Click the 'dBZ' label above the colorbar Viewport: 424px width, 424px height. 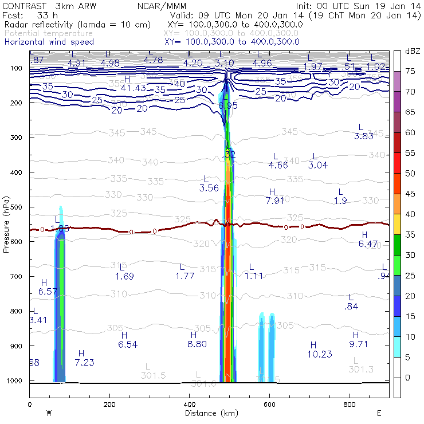411,51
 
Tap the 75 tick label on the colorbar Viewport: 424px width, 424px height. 410,72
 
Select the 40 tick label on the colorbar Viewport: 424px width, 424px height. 410,214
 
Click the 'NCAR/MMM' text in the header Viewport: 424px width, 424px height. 170,6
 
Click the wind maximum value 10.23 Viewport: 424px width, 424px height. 319,354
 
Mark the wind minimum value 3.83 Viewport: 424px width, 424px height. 364,136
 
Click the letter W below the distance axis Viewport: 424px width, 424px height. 49,413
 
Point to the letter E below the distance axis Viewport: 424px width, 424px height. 379,413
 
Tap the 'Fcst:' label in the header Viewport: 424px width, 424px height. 13,15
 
